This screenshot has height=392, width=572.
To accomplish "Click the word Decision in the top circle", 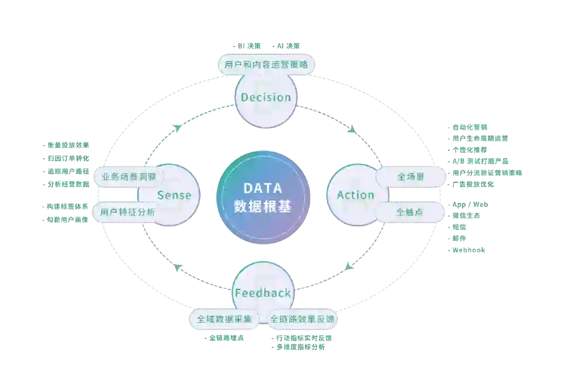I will coord(266,97).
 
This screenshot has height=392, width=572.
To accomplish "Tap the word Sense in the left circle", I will coord(174,195).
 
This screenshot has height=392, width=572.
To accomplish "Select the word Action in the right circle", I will coord(355,195).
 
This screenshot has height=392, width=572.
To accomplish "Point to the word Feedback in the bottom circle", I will coord(263,293).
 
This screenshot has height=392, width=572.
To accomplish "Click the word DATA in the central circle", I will coord(263,188).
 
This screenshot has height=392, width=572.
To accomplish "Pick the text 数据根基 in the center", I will coord(263,206).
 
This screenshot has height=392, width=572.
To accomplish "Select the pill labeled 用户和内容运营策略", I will coord(267,65).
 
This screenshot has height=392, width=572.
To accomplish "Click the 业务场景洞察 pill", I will coord(126,176).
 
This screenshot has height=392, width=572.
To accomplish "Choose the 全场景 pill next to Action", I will coord(411,177).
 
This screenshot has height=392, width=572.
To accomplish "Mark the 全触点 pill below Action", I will coord(410,212).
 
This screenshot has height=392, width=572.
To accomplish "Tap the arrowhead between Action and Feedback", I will coord(349,266).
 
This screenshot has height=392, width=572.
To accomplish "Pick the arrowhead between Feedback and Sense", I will coord(178,268).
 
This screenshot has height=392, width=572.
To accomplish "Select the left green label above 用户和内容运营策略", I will coord(247,47).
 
